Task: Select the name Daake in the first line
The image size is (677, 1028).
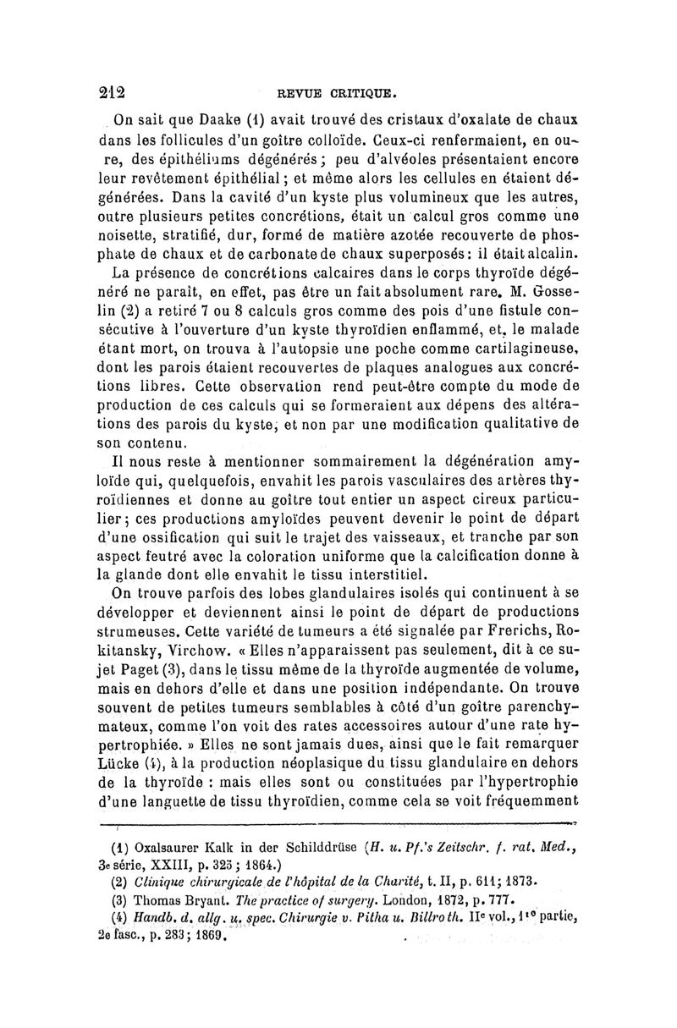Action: [x=223, y=118]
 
